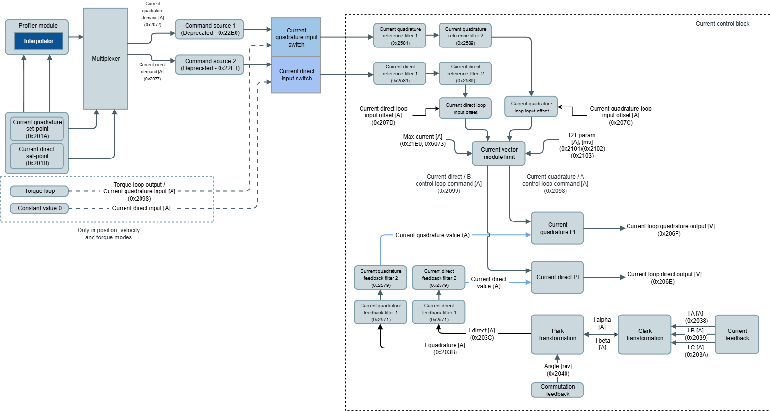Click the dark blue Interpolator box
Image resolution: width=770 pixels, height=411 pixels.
coord(39,41)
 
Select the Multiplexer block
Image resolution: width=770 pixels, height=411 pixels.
coord(106,59)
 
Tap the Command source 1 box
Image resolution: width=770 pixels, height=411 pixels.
coord(210,29)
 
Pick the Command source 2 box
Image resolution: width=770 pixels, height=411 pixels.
coord(210,64)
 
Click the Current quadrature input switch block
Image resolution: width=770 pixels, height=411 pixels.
coord(296,37)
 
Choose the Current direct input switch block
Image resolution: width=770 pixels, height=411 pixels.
coord(296,75)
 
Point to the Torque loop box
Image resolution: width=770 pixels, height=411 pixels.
coord(39,191)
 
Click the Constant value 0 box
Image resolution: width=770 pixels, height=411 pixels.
coord(39,208)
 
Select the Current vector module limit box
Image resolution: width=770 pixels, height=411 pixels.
coord(499,153)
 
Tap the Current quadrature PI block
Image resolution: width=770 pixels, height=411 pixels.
coord(557,228)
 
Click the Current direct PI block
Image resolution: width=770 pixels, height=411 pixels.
coord(557,277)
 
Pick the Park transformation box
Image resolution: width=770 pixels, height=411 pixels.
coord(557,334)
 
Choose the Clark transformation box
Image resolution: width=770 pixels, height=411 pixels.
coord(644,334)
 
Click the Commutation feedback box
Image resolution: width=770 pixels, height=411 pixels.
coord(557,390)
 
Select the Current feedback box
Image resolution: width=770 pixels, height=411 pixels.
coord(737,334)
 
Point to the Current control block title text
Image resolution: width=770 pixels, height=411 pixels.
coord(722,24)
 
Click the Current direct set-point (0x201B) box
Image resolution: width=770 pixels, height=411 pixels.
coord(37,156)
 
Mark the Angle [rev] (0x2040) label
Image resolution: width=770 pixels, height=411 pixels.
coord(558,370)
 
